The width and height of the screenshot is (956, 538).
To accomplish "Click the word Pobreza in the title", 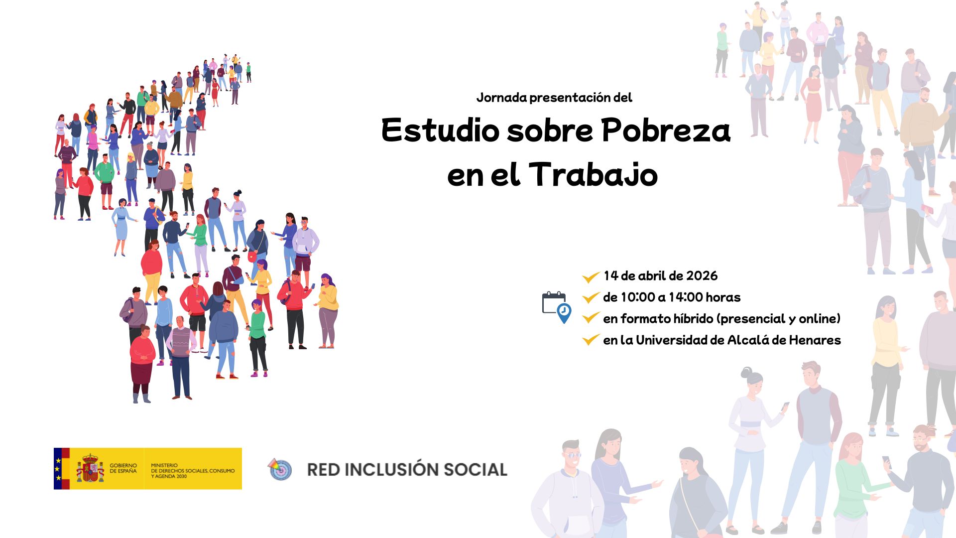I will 666,131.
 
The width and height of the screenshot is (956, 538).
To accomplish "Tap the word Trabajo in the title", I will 593,175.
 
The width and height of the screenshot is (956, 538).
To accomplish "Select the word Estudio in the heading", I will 440,131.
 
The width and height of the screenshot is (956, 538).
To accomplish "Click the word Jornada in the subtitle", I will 501,98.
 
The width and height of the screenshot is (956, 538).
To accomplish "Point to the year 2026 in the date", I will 702,276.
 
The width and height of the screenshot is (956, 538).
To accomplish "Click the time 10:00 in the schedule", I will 638,297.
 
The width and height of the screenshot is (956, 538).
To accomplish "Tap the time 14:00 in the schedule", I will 686,297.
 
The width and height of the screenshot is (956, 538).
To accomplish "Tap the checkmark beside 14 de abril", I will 591,277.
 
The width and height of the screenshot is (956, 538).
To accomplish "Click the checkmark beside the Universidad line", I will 591,340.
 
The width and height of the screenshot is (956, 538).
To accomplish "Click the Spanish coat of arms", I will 90,469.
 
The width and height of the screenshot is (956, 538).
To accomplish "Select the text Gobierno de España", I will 123,468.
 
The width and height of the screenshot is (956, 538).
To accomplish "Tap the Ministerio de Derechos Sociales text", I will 192,470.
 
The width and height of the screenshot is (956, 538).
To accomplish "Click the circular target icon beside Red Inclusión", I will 280,469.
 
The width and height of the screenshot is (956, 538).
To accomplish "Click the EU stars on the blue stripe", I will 58,469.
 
